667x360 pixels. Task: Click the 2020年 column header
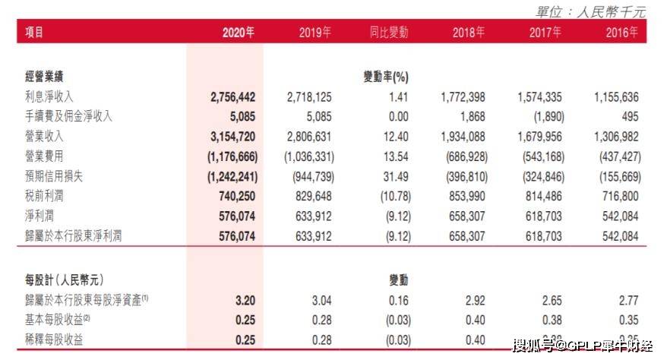click(238, 33)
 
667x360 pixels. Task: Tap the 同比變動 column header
click(388, 33)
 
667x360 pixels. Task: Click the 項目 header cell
click(34, 33)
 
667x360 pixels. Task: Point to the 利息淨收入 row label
click(49, 97)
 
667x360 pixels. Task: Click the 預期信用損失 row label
click(55, 176)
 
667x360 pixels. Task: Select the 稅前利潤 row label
click(44, 196)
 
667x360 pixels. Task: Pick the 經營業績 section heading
click(44, 77)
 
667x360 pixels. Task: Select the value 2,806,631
click(309, 137)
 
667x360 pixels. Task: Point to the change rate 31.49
click(395, 176)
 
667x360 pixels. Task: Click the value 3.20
click(246, 300)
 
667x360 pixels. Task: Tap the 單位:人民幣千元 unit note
click(590, 11)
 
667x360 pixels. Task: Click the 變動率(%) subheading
click(387, 77)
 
